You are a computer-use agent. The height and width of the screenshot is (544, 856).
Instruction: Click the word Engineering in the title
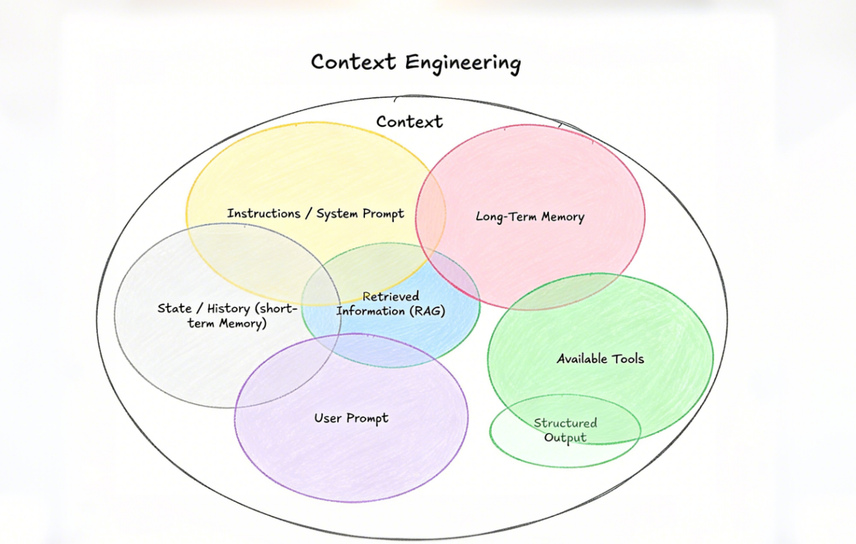pos(463,63)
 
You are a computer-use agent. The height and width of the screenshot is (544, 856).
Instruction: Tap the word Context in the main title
pos(354,62)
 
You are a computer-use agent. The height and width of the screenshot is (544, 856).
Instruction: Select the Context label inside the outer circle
pos(409,122)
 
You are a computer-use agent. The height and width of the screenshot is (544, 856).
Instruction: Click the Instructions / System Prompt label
pos(316,214)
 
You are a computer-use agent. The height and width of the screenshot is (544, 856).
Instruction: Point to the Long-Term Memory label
pos(530,217)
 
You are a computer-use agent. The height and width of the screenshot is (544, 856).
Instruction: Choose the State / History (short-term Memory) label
pos(227,316)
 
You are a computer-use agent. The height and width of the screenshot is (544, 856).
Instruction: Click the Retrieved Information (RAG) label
pos(391,304)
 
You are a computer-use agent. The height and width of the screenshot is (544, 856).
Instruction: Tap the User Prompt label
pos(351,418)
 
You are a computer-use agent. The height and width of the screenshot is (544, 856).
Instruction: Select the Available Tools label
pos(600,359)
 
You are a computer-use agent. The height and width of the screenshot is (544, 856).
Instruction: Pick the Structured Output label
pos(565,431)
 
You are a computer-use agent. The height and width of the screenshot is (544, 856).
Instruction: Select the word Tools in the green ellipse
pos(626,359)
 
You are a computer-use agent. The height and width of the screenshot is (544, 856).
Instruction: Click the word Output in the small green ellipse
pos(565,438)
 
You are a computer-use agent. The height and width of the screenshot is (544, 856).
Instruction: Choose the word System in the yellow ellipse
pos(338,214)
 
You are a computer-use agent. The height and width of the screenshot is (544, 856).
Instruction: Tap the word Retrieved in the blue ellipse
pos(391,296)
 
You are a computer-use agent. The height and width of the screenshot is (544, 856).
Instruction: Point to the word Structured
pos(565,423)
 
